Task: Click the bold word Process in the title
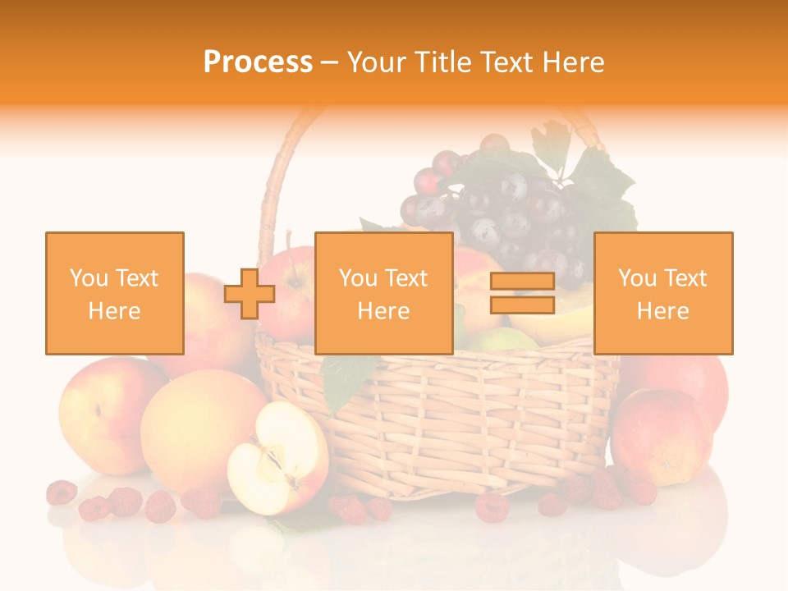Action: [258, 62]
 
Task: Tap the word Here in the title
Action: [570, 62]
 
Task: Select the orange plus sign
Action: [250, 293]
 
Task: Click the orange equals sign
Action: [522, 293]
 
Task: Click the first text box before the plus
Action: [115, 293]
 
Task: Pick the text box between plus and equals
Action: [383, 293]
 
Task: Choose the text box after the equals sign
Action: [663, 293]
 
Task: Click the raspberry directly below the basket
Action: [492, 506]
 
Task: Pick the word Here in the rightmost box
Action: [663, 311]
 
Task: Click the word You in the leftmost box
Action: [86, 278]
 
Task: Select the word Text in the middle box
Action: [405, 278]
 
